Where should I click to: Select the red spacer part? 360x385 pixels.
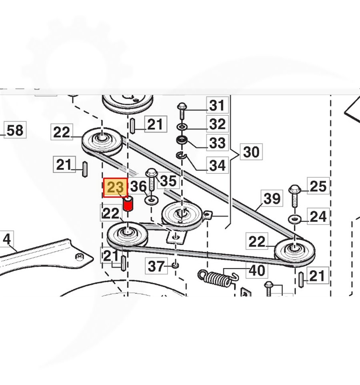[128, 204]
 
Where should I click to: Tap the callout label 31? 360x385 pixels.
[218, 106]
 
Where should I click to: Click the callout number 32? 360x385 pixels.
[218, 124]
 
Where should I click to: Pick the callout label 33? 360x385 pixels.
[218, 142]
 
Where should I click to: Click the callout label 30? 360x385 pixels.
[251, 152]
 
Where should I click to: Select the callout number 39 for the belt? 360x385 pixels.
[272, 199]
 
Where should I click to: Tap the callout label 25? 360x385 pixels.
[318, 186]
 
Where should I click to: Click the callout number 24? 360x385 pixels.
[318, 217]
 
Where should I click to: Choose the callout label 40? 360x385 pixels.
[257, 271]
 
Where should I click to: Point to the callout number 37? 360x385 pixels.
[157, 265]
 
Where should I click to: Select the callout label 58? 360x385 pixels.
[15, 130]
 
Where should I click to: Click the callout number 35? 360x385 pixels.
[168, 181]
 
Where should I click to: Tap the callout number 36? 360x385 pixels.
[139, 186]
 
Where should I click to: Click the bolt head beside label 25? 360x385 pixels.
[294, 188]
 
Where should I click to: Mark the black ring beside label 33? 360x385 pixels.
[182, 141]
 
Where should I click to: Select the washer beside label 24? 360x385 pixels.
[295, 219]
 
